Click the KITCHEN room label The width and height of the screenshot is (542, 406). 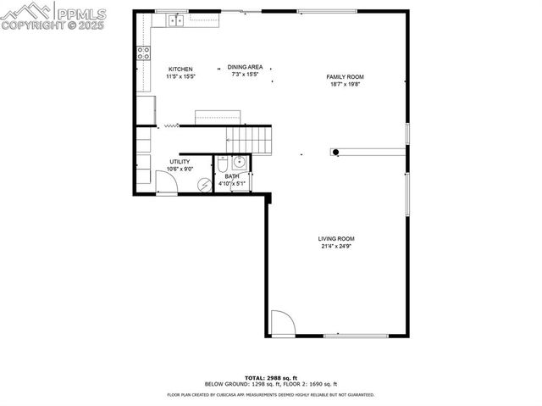180,69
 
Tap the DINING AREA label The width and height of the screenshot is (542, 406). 244,67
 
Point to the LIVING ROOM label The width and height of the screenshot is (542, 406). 336,239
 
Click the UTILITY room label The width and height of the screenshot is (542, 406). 180,161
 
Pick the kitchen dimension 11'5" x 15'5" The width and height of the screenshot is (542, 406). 180,76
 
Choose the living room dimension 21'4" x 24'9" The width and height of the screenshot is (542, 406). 336,247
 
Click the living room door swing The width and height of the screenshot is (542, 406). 282,324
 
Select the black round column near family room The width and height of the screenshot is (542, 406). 336,153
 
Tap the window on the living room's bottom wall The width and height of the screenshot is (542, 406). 356,336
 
